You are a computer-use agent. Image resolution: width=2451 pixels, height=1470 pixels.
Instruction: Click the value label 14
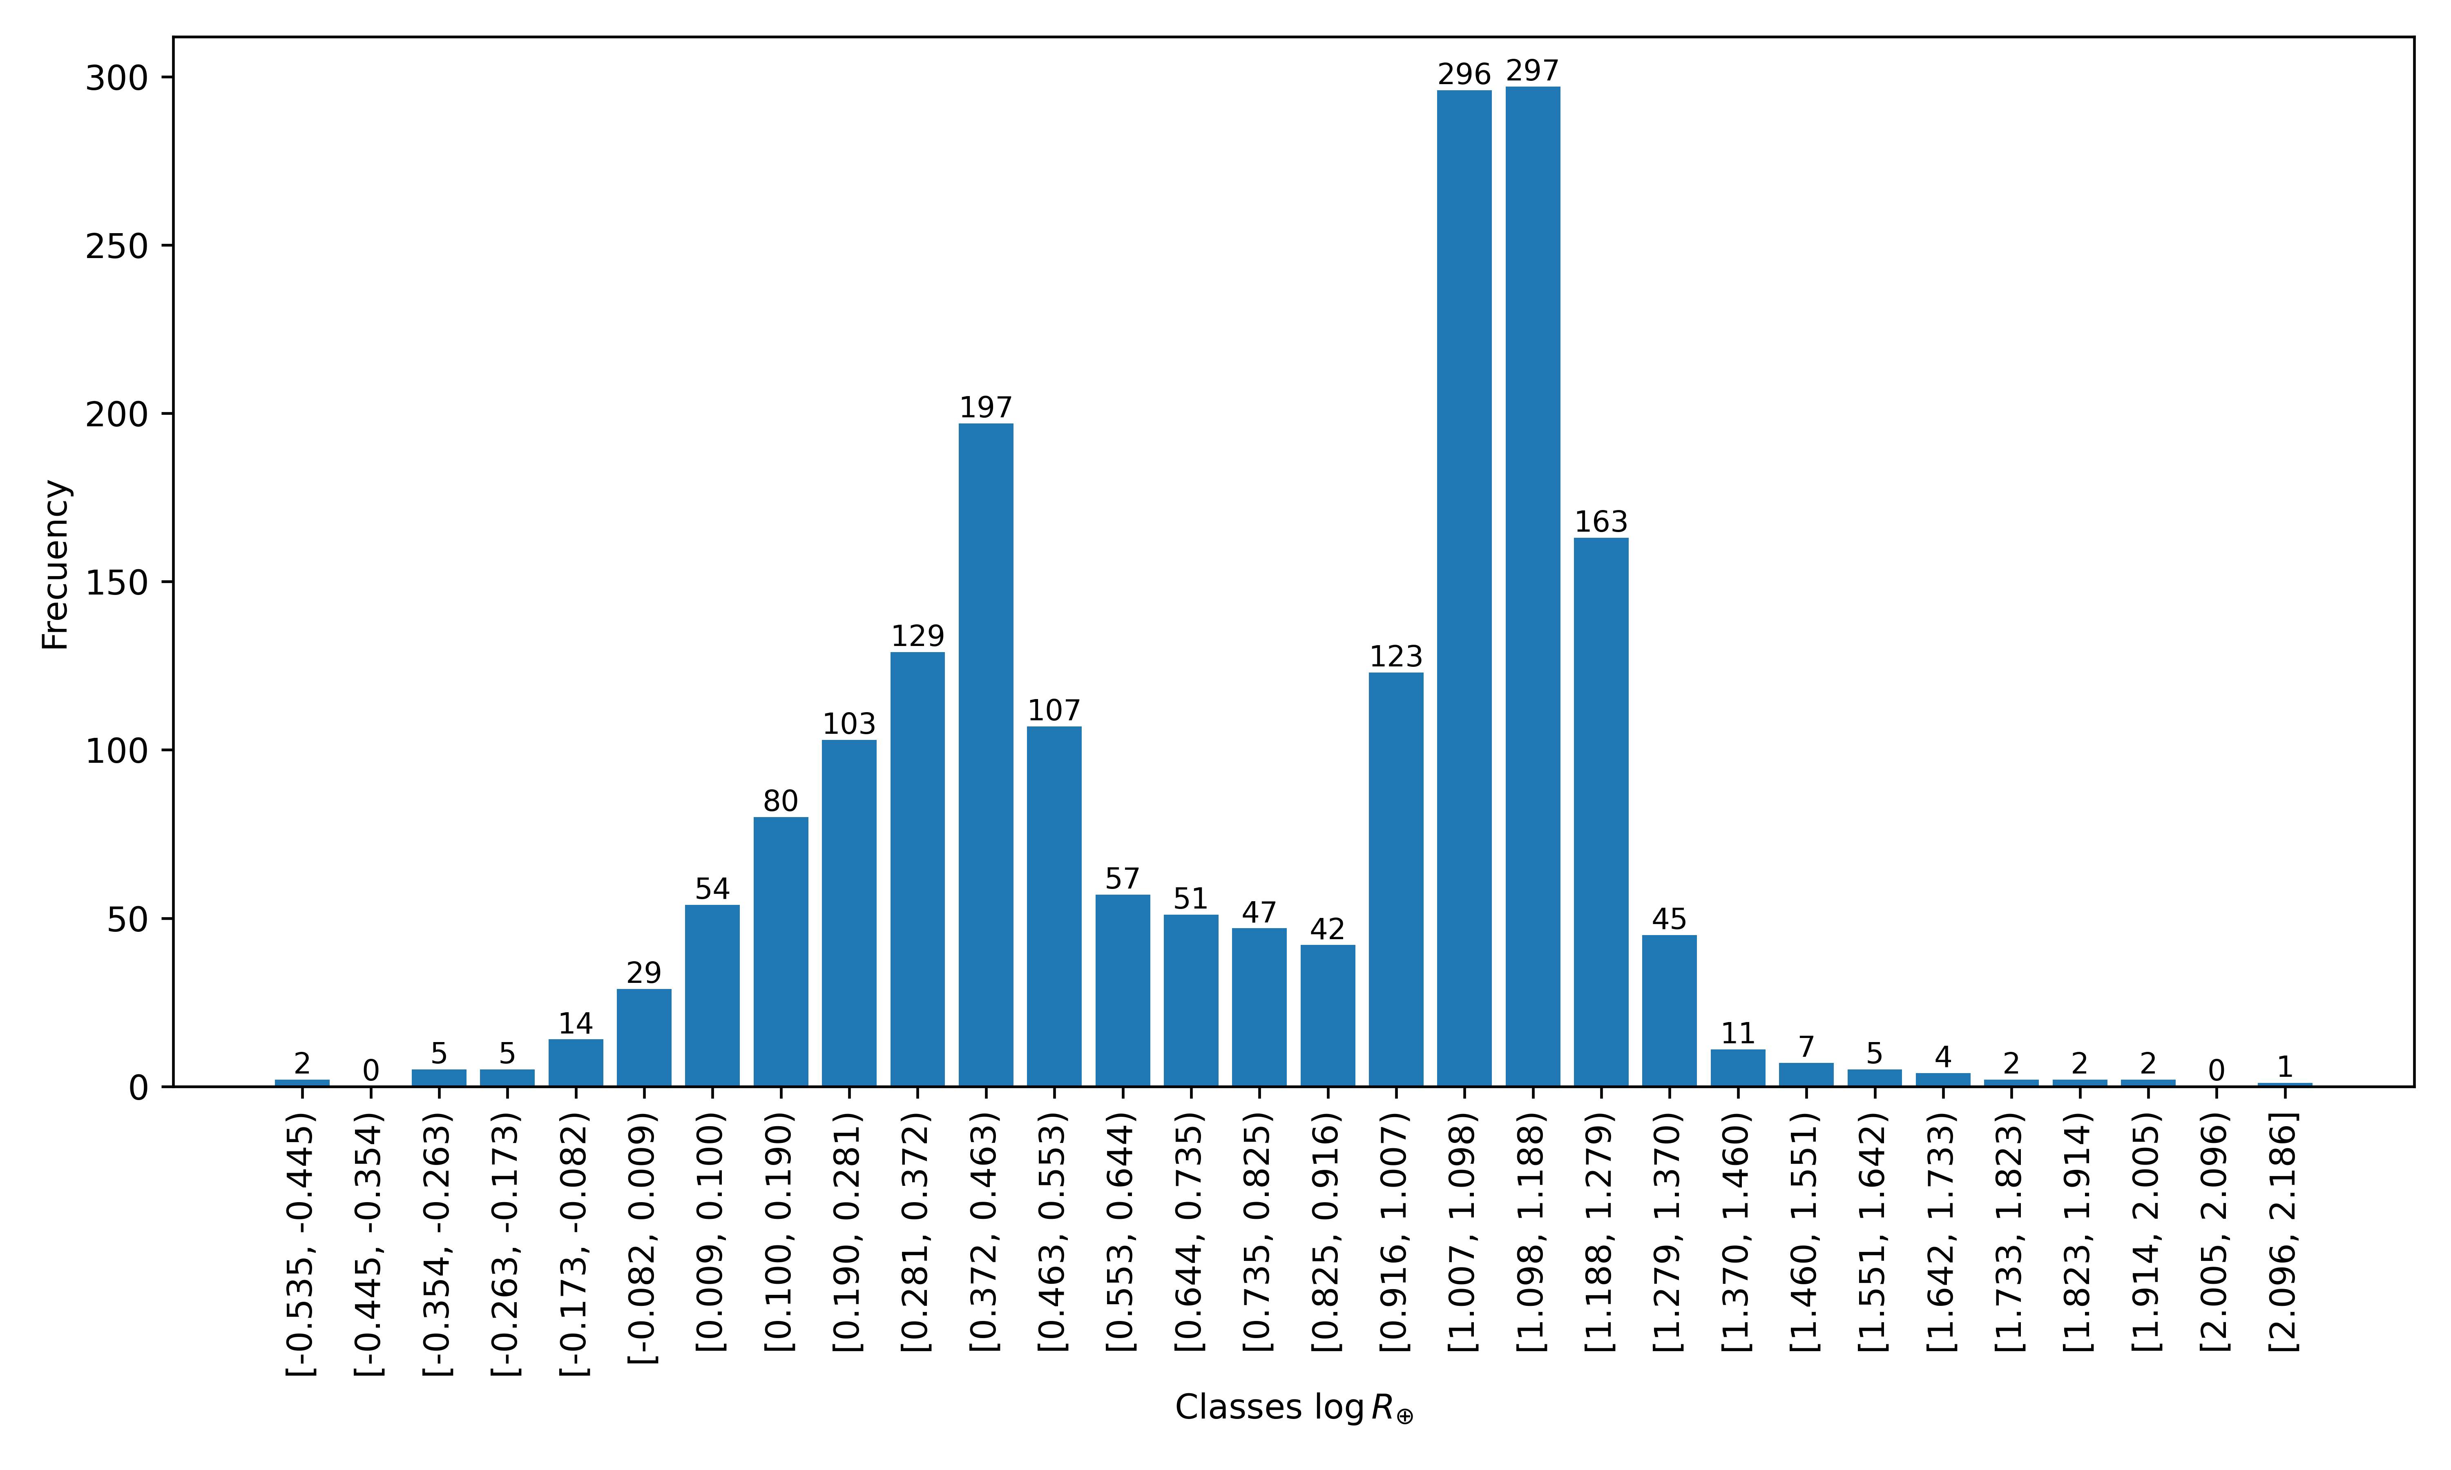click(576, 1023)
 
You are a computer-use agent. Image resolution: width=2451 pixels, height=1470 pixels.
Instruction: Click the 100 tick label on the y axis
click(117, 751)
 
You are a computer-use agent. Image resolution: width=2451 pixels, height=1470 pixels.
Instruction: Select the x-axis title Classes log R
click(1293, 1408)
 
